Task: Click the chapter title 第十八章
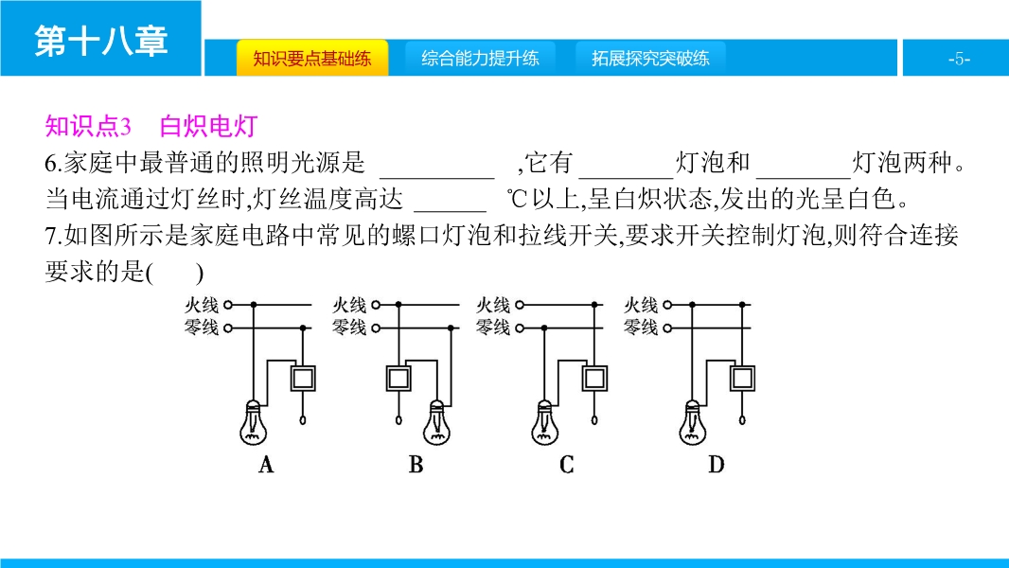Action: tap(101, 41)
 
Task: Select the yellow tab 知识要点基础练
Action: tap(312, 58)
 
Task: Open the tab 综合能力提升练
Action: tap(480, 58)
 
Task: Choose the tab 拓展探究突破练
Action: tap(650, 58)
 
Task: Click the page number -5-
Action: tap(959, 59)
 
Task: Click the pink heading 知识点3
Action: tap(88, 126)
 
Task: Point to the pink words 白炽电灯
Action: tap(209, 126)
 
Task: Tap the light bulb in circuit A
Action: tap(253, 422)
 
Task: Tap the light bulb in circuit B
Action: tap(437, 422)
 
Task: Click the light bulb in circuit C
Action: tap(544, 422)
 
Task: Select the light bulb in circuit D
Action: tap(693, 422)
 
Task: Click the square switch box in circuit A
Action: tap(303, 379)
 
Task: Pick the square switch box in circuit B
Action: tap(398, 379)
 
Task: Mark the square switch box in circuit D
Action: tap(742, 379)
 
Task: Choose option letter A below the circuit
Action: tap(266, 465)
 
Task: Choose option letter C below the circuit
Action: tap(566, 465)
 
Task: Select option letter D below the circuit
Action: tap(717, 465)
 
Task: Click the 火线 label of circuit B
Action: tap(349, 305)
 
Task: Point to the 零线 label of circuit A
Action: tap(202, 328)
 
